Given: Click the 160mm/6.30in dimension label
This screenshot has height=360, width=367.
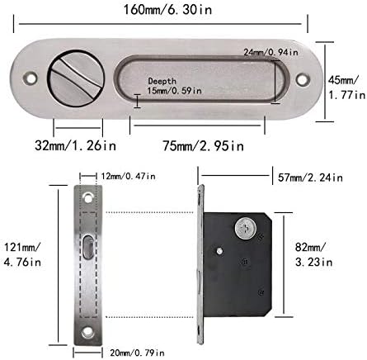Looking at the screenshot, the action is click(167, 10).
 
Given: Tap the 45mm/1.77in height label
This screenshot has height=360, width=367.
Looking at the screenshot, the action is click(347, 88).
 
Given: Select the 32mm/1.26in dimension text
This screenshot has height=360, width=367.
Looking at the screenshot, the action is click(75, 145).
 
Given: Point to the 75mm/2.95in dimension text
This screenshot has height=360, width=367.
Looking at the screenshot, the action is click(203, 145).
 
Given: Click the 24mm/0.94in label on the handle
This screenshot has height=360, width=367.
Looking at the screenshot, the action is click(271, 52).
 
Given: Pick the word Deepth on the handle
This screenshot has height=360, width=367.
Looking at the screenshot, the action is click(162, 81).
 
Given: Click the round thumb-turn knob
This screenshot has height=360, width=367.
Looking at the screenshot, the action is click(76, 78).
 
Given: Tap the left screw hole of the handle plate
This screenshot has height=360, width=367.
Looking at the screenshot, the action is click(31, 78).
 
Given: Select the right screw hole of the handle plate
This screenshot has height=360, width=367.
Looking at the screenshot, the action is click(303, 79).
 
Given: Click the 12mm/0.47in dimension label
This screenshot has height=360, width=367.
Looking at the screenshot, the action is click(128, 176).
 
